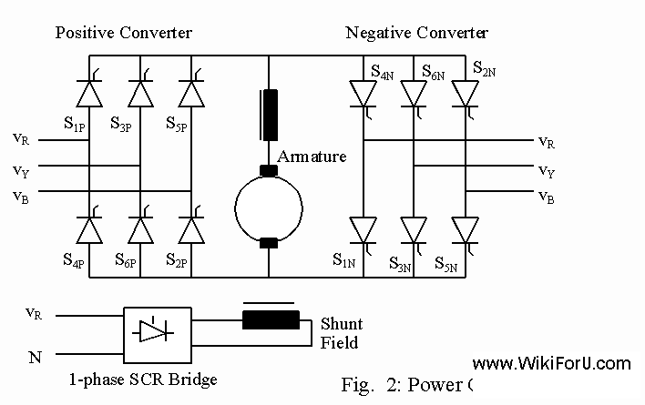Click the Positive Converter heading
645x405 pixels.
tap(124, 34)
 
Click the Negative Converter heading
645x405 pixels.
tap(417, 34)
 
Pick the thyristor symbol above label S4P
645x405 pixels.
tap(89, 229)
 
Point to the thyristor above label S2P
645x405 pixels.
tap(190, 229)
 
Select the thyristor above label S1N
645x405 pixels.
tap(363, 229)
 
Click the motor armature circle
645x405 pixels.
tap(269, 207)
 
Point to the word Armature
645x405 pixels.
tap(312, 157)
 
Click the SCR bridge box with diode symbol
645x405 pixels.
tap(157, 330)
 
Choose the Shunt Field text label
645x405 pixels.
tap(341, 333)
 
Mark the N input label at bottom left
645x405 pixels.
tap(36, 357)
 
